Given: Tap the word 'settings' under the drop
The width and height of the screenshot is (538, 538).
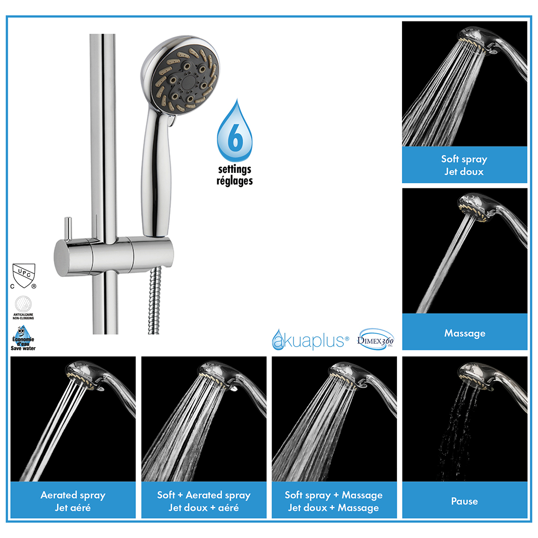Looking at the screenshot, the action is pyautogui.click(x=235, y=169).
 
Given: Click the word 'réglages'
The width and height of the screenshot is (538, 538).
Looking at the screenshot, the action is pyautogui.click(x=235, y=181).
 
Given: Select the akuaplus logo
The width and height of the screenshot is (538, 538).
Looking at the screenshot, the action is pyautogui.click(x=310, y=340).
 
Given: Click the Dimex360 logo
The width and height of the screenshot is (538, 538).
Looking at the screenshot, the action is pyautogui.click(x=376, y=340).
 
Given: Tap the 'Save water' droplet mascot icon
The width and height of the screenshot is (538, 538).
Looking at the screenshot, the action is pyautogui.click(x=23, y=338).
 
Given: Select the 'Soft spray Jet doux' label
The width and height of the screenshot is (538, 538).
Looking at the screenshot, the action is pyautogui.click(x=464, y=165).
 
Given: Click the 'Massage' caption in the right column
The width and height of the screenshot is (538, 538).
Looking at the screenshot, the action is pyautogui.click(x=465, y=333).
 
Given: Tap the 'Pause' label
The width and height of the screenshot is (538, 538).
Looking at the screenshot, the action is pyautogui.click(x=465, y=501).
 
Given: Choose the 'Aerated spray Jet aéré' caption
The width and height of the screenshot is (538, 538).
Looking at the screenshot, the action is pyautogui.click(x=73, y=501).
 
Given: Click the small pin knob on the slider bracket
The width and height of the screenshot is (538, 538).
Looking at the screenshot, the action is pyautogui.click(x=68, y=229).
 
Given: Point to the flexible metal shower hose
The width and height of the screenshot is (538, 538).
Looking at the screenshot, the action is pyautogui.click(x=155, y=300).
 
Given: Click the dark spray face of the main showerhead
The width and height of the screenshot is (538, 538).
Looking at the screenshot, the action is pyautogui.click(x=186, y=81).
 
